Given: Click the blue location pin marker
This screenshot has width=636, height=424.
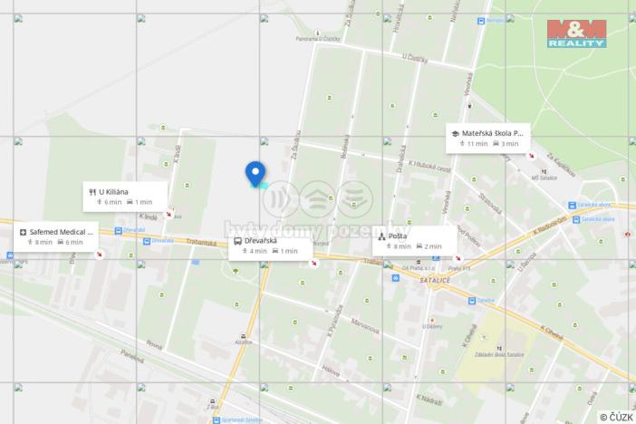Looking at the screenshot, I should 255,173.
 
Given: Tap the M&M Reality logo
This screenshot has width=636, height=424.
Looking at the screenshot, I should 576,32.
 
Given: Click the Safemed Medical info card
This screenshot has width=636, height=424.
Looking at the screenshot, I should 56,236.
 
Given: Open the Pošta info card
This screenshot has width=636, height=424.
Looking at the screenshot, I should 413,241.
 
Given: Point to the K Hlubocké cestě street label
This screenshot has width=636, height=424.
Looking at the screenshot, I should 429,166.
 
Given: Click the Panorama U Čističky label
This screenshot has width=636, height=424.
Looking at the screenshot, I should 318,39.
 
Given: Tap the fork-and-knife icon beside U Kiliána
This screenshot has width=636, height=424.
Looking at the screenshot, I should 92,192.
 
